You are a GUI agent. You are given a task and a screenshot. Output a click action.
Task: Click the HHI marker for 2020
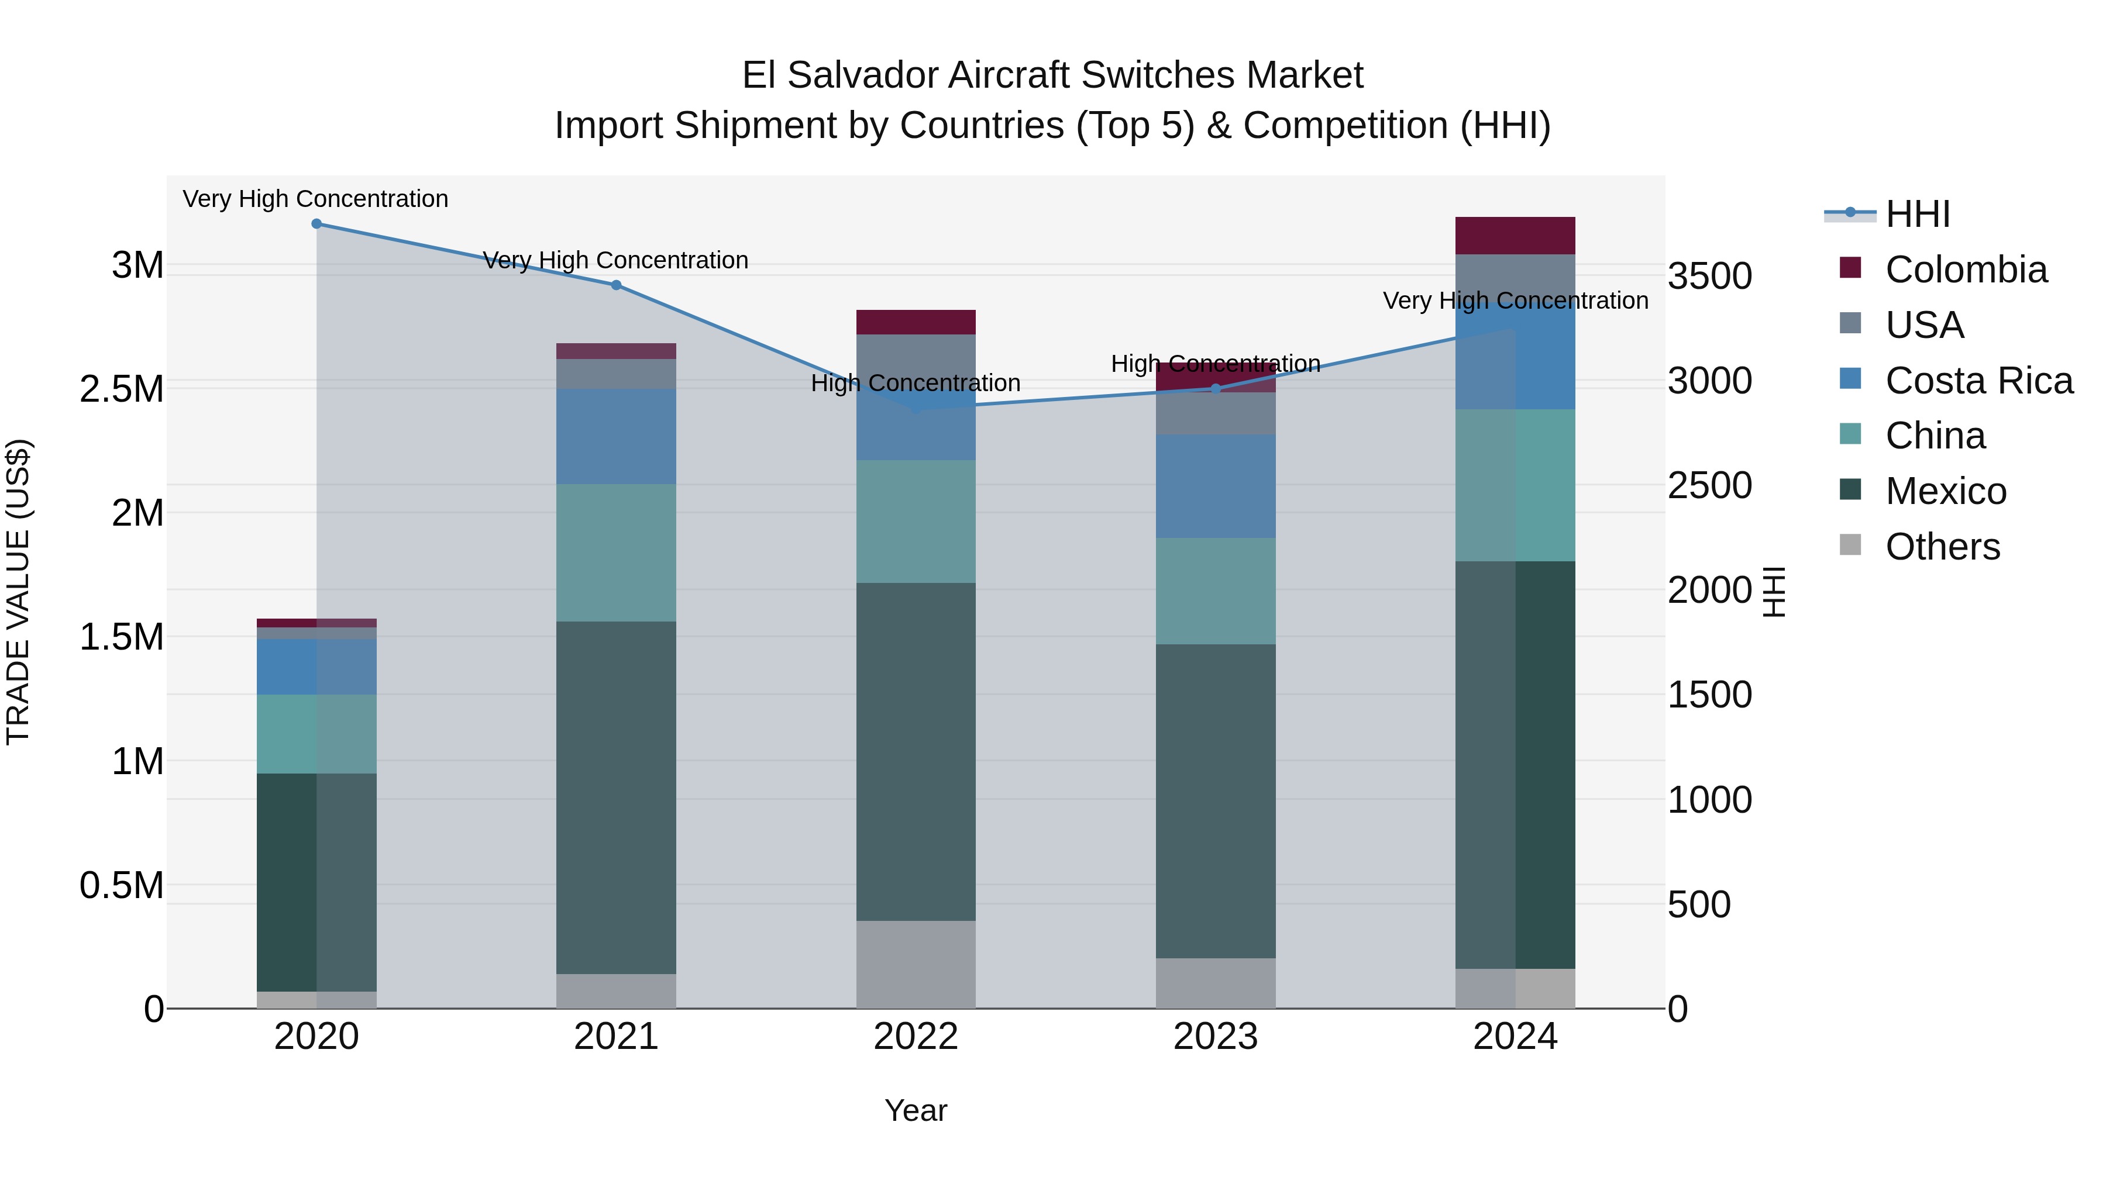316,224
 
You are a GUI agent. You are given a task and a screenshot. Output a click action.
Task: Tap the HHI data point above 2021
617,285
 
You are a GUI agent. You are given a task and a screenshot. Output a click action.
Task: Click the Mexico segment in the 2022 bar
916,752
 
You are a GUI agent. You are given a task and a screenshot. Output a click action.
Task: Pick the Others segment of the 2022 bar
916,964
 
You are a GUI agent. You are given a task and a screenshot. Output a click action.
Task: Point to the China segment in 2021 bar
617,553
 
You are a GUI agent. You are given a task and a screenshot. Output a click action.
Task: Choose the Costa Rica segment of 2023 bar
1216,486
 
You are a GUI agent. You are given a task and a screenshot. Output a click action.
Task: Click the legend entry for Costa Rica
1978,381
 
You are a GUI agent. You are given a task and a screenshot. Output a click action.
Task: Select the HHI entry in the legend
1917,214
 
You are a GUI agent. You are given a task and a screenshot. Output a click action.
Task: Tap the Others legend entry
1942,547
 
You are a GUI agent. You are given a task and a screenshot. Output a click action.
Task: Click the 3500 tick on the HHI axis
1709,276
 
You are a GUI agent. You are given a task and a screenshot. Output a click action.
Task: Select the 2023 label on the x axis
1216,1037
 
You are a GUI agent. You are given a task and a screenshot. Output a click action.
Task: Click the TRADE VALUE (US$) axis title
18,592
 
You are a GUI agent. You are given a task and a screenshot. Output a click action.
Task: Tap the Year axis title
916,1110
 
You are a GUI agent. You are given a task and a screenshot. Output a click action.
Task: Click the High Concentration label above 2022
916,383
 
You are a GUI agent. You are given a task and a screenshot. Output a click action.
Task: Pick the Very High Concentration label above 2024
1515,301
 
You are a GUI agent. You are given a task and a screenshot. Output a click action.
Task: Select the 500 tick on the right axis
1699,905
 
